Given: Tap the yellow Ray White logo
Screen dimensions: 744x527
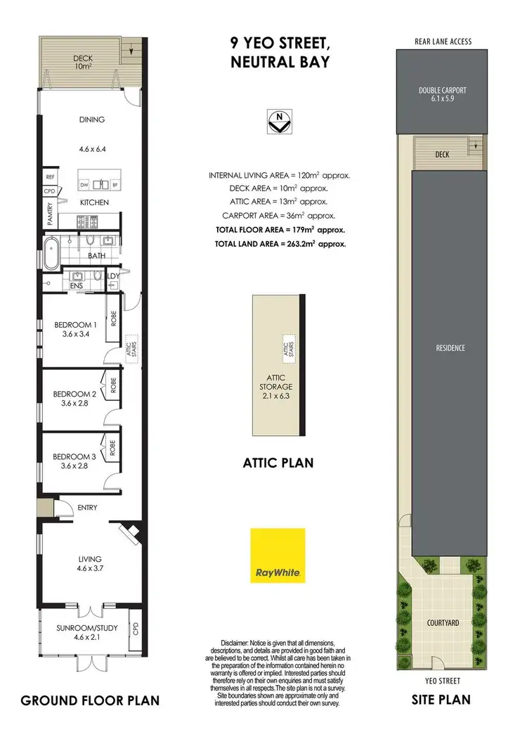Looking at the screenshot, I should click(278, 556).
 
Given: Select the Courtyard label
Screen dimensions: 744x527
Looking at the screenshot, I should click(443, 623).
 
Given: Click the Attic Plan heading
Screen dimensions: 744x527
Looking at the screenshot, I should click(278, 463).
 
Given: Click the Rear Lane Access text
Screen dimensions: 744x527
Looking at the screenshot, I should click(443, 41).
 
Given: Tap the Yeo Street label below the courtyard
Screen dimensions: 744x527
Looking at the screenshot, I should click(443, 681).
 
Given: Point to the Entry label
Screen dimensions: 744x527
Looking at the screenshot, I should click(88, 507).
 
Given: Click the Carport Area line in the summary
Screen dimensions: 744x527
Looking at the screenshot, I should click(279, 216).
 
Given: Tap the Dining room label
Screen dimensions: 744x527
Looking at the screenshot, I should click(91, 120).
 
